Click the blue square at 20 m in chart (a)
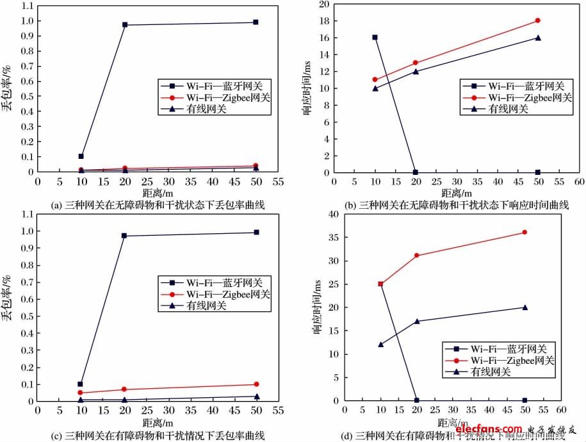[x=125, y=25]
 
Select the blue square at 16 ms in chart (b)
[x=375, y=37]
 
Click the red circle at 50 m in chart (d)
[x=525, y=232]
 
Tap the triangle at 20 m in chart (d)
[x=417, y=321]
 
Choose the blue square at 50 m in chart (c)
[x=256, y=232]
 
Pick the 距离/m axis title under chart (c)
[x=158, y=423]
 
